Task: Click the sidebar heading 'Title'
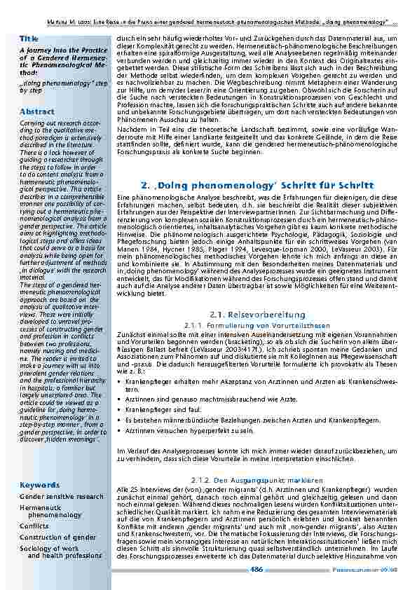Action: (x=29, y=38)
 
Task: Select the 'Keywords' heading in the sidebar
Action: (x=39, y=484)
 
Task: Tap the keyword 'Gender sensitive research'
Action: (x=61, y=496)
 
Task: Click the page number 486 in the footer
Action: (x=257, y=572)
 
